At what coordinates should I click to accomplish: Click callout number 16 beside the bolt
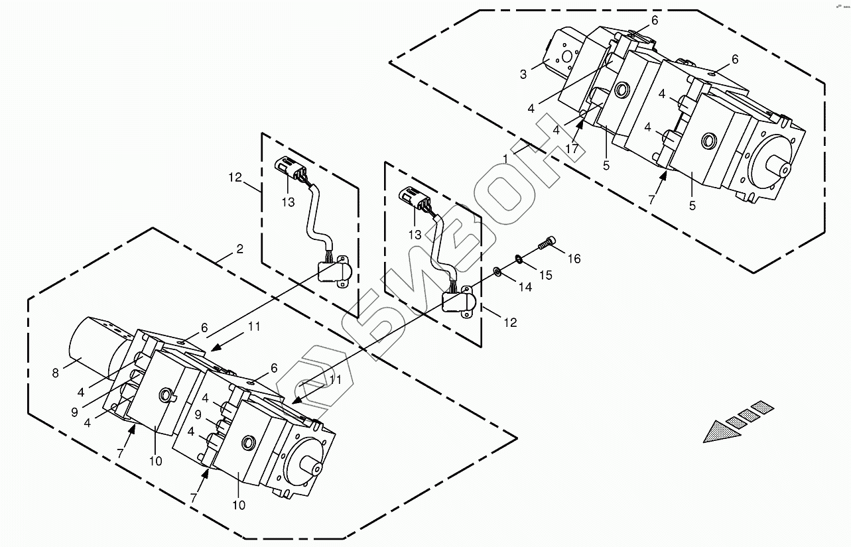tap(574, 259)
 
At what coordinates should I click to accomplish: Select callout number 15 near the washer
tap(545, 274)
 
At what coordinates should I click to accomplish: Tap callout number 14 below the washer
tap(525, 288)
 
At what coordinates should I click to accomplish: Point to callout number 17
tap(572, 149)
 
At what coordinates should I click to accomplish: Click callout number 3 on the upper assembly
tap(523, 74)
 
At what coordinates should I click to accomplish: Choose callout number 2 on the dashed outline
tap(239, 249)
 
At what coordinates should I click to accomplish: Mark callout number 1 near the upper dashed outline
tap(505, 159)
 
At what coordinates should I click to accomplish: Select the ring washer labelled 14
tap(496, 271)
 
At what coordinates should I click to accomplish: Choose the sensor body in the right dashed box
tap(458, 302)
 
